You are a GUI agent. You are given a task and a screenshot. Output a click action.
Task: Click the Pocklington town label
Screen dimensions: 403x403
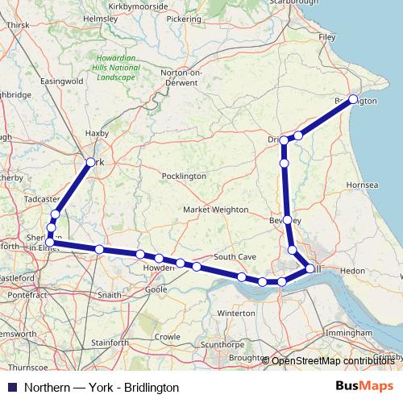[184, 176]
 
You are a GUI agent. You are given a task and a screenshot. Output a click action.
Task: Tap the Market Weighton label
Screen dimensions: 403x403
[215, 210]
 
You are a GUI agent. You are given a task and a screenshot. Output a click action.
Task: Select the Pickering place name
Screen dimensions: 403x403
[185, 18]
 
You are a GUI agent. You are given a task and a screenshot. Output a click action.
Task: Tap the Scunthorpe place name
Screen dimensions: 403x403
[222, 344]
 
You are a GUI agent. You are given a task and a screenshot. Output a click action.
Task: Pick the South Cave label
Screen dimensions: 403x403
[235, 256]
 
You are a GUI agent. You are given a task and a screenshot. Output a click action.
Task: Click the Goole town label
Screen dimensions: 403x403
[156, 289]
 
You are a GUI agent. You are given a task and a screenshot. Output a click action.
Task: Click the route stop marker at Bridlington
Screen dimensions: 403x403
[353, 99]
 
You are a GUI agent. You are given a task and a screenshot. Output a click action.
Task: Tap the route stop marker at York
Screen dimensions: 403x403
[89, 161]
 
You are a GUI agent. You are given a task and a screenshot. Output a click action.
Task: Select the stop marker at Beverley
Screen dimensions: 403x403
[287, 219]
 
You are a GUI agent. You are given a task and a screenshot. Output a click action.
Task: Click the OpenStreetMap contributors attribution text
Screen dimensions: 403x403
[333, 360]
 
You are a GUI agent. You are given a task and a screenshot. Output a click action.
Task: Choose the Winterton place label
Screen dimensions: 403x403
[235, 312]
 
